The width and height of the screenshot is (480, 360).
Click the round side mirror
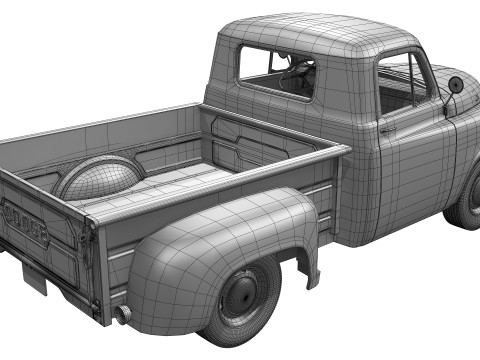pos(457,84)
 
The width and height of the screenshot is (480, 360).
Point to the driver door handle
pos(387,129)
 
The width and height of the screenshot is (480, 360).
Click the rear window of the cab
pos(277,69)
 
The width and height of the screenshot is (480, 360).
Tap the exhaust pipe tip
pos(124,316)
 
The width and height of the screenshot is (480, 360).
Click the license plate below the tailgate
pos(34,275)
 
